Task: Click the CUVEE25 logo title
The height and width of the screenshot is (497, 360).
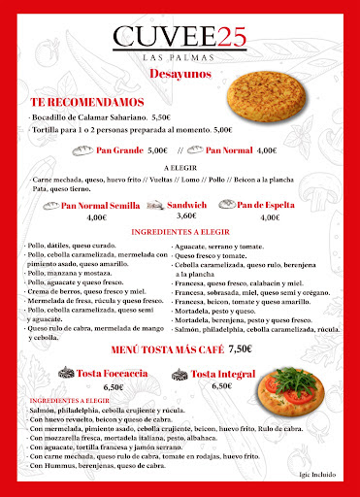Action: [x=180, y=37]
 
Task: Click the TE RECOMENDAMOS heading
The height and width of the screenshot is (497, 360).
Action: [x=87, y=101]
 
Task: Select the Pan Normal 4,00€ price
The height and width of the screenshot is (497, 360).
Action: [x=267, y=150]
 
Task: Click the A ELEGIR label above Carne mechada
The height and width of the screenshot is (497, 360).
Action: [x=180, y=167]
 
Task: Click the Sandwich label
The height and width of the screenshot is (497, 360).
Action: [x=187, y=205]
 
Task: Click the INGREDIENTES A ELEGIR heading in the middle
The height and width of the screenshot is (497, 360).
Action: [x=180, y=233]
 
